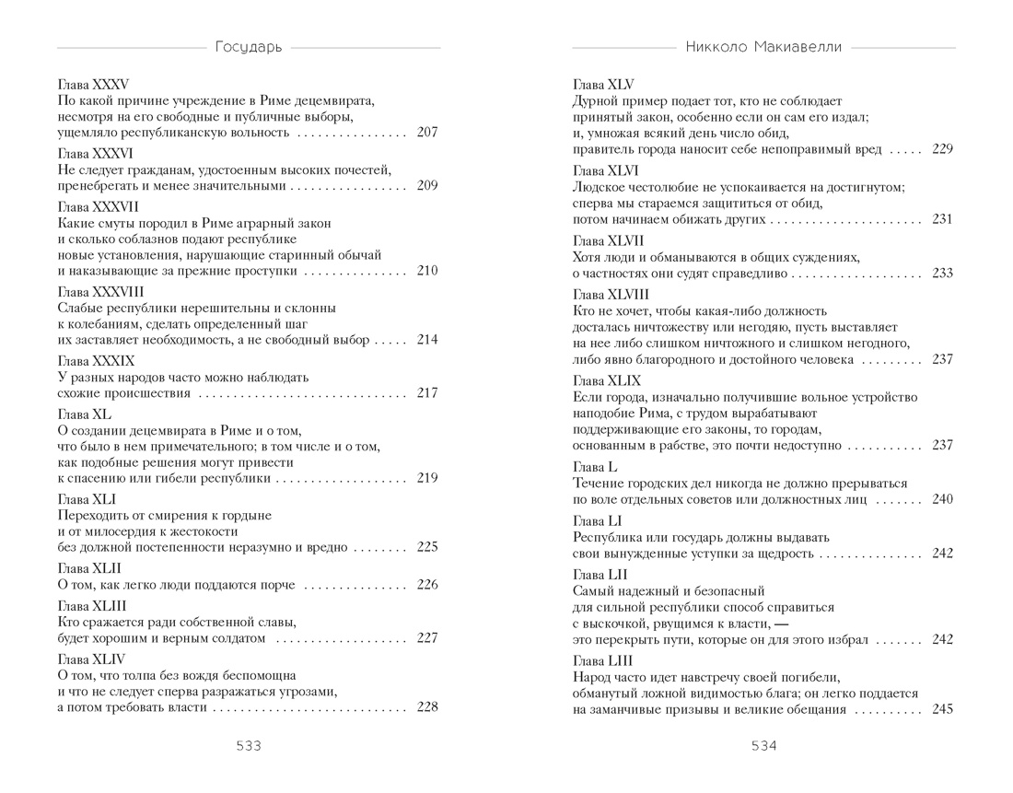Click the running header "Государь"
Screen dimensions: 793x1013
point(249,46)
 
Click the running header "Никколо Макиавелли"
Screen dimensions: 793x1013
point(763,46)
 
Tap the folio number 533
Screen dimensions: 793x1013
point(249,746)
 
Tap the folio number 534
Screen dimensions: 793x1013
point(763,746)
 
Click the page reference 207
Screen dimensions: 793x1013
point(426,133)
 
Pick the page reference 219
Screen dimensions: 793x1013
point(426,478)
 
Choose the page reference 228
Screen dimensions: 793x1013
point(426,707)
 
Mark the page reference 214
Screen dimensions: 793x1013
point(426,340)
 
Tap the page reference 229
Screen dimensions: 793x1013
point(941,149)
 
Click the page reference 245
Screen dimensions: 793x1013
point(941,709)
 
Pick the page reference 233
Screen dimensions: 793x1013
point(941,274)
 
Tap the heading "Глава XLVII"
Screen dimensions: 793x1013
point(608,241)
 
